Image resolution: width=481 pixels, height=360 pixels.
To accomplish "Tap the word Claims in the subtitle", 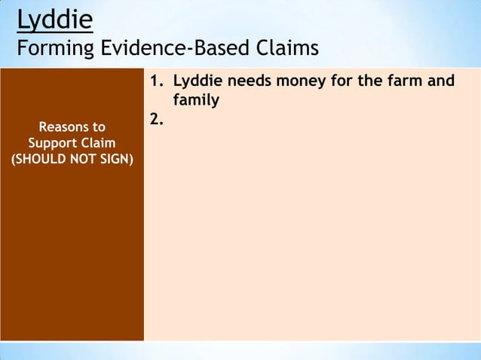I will click(x=285, y=50).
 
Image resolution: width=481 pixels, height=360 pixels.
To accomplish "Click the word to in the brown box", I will click(x=98, y=127).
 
